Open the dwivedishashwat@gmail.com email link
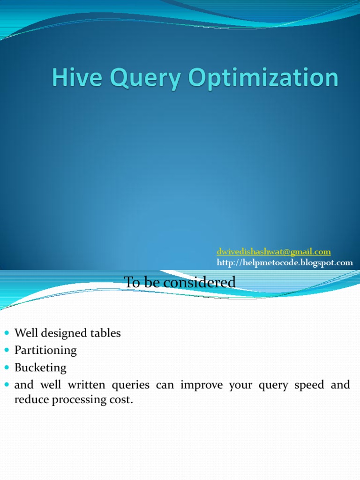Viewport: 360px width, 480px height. point(273,252)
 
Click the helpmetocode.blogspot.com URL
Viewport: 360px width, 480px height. point(285,262)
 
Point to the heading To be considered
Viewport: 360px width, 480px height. point(180,282)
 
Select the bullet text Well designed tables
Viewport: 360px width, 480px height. point(67,333)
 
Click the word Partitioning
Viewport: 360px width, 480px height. point(45,350)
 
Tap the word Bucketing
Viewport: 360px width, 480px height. point(40,367)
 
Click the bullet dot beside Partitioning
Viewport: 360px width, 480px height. point(7,350)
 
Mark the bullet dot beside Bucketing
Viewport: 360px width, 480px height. point(7,367)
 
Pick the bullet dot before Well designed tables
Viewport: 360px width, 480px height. point(7,333)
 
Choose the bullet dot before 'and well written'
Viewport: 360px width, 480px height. point(7,385)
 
